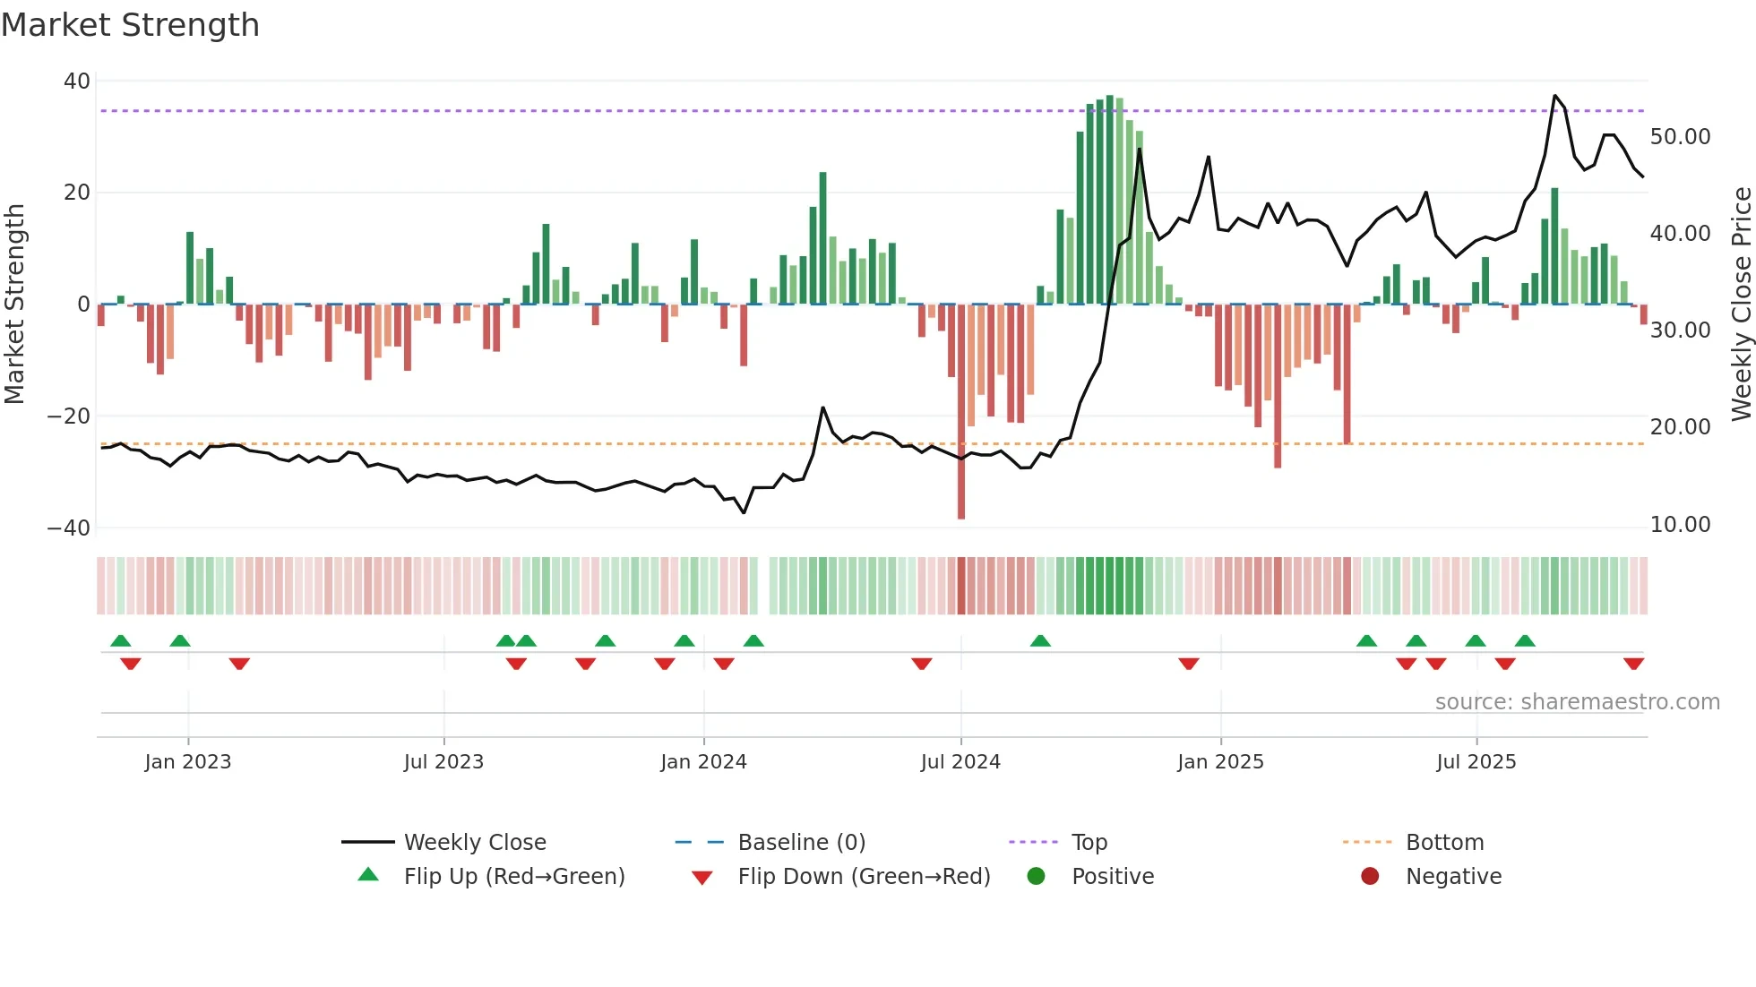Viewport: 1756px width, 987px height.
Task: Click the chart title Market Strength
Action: pos(130,25)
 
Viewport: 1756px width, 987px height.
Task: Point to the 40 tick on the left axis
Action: pos(77,82)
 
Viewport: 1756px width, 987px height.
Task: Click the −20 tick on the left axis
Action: pos(69,416)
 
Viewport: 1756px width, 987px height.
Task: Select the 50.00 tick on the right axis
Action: pos(1680,137)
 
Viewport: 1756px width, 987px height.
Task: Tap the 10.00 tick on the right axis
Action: pos(1680,525)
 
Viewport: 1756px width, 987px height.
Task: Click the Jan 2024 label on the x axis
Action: pos(703,762)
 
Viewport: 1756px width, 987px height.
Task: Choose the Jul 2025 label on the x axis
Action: pos(1476,762)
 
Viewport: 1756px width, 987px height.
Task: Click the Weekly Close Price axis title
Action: pos(1741,305)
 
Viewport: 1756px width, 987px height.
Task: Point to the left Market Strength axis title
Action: pos(15,305)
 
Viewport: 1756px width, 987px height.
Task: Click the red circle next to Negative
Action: pos(1370,877)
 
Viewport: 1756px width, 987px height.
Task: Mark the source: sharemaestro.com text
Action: pos(1577,702)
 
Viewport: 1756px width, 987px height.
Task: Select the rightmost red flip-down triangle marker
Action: pos(1633,664)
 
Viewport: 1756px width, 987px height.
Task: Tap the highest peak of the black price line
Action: pos(1555,96)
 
